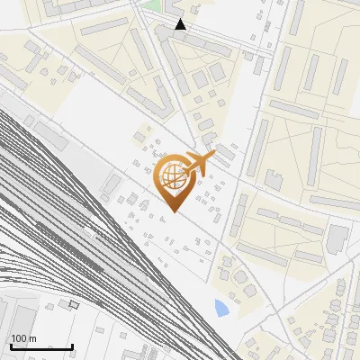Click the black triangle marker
click(x=181, y=24)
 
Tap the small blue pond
click(x=221, y=309)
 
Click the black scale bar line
click(x=41, y=346)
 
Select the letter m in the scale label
click(x=32, y=338)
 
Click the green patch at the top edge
click(x=155, y=4)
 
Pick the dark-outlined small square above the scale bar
click(x=75, y=304)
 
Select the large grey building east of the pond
click(x=337, y=238)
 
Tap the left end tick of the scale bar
click(x=11, y=346)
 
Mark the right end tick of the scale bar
click(x=72, y=346)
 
